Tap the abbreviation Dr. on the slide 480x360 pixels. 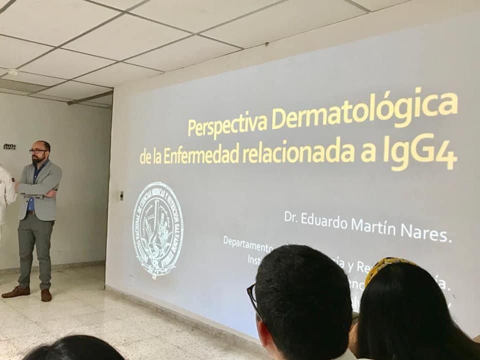coord(291,216)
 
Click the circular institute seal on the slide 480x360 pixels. coord(157,229)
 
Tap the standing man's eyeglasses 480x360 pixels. coord(38,150)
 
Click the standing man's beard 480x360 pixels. coord(39,159)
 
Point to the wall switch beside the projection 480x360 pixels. coord(121,195)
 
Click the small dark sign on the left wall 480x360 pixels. coord(9,146)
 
